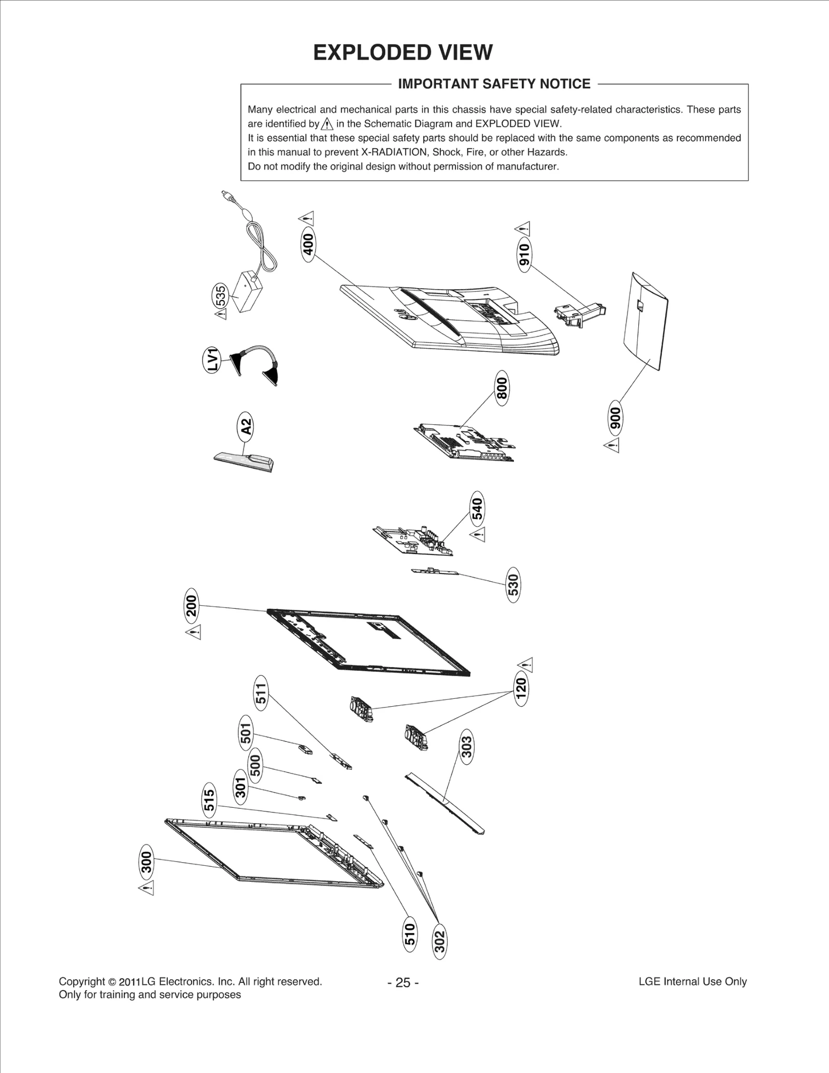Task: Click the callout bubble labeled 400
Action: click(308, 245)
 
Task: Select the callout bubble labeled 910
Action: click(524, 254)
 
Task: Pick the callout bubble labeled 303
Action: click(466, 747)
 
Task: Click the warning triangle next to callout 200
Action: click(194, 632)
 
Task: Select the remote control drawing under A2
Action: click(244, 461)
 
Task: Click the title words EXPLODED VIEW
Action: click(403, 53)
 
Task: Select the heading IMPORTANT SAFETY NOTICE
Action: click(494, 84)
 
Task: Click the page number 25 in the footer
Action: click(403, 982)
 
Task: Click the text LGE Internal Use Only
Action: click(692, 981)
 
